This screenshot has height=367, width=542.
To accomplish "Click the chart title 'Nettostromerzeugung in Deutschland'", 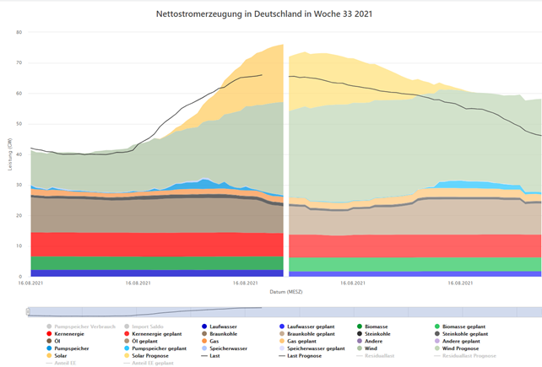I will (x=264, y=15).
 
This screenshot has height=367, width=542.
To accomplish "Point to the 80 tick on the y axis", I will (x=19, y=32).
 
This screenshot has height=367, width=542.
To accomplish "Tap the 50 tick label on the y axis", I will (x=19, y=124).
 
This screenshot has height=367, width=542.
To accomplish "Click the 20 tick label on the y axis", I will (x=19, y=215).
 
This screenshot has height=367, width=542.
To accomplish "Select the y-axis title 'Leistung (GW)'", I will (x=10, y=154).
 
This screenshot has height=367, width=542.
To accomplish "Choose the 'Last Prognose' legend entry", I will (x=309, y=355).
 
